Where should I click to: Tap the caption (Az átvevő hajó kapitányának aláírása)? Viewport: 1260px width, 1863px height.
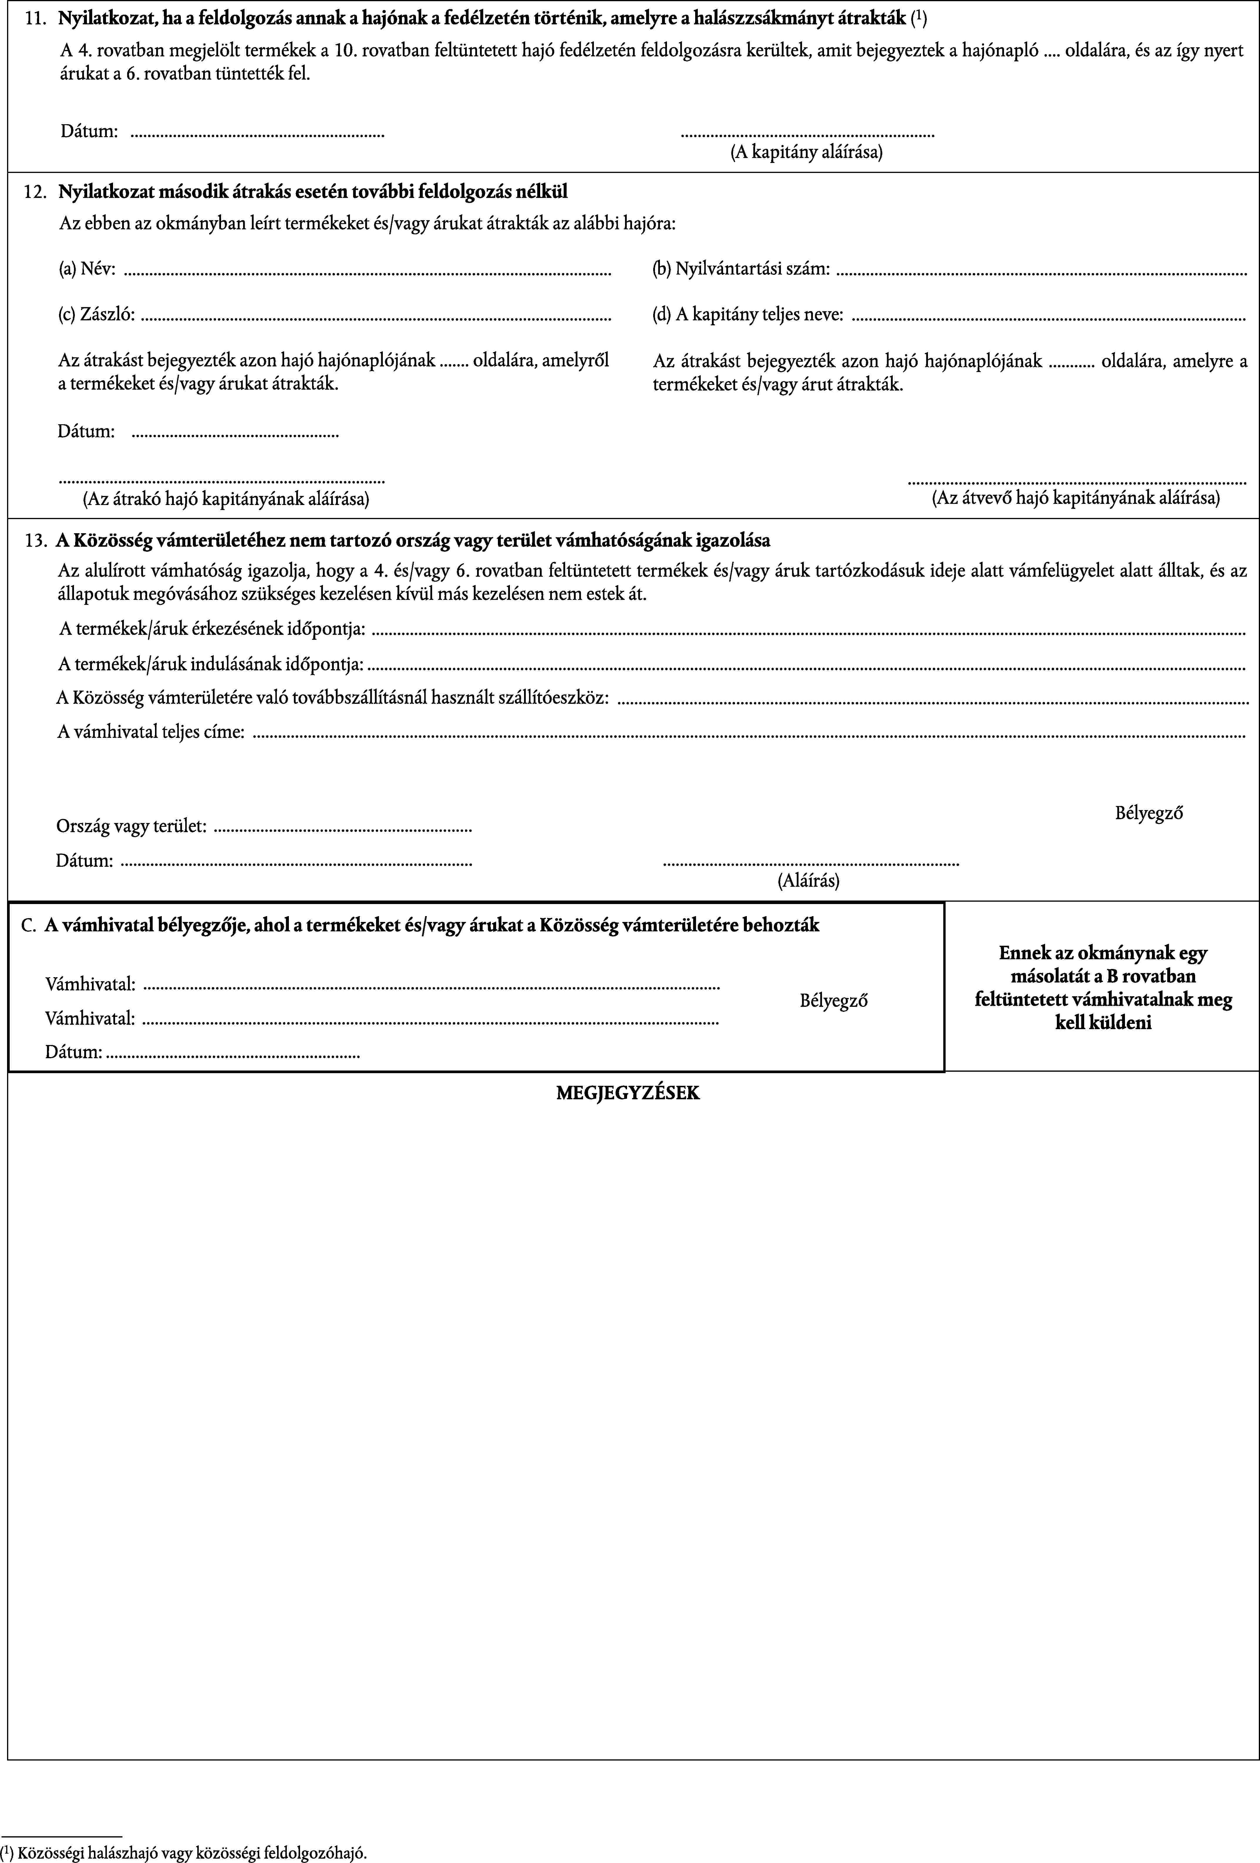coord(1076,499)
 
